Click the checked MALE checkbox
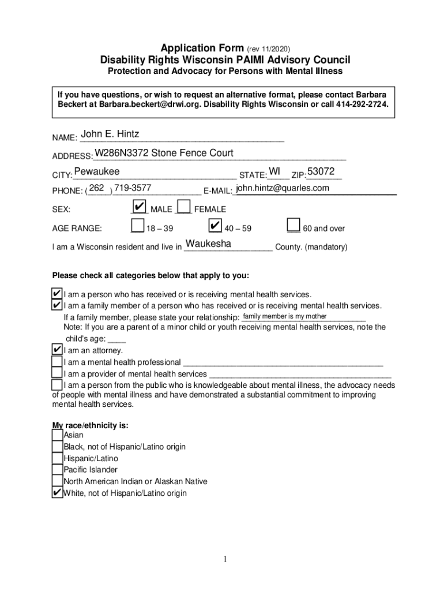tap(138, 207)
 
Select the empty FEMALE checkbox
tap(184, 207)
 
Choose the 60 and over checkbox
tap(294, 226)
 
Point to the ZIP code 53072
tap(321, 172)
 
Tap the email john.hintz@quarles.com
tap(283, 189)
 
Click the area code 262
tap(97, 189)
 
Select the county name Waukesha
tap(208, 244)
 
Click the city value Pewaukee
tap(97, 172)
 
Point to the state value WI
tap(274, 172)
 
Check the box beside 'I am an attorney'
tap(57, 350)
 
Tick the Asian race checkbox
tap(57, 435)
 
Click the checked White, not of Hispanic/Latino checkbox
tap(57, 492)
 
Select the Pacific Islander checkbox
tap(57, 470)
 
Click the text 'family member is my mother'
tap(285, 316)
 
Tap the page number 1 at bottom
tap(227, 559)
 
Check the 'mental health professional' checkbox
tap(57, 362)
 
